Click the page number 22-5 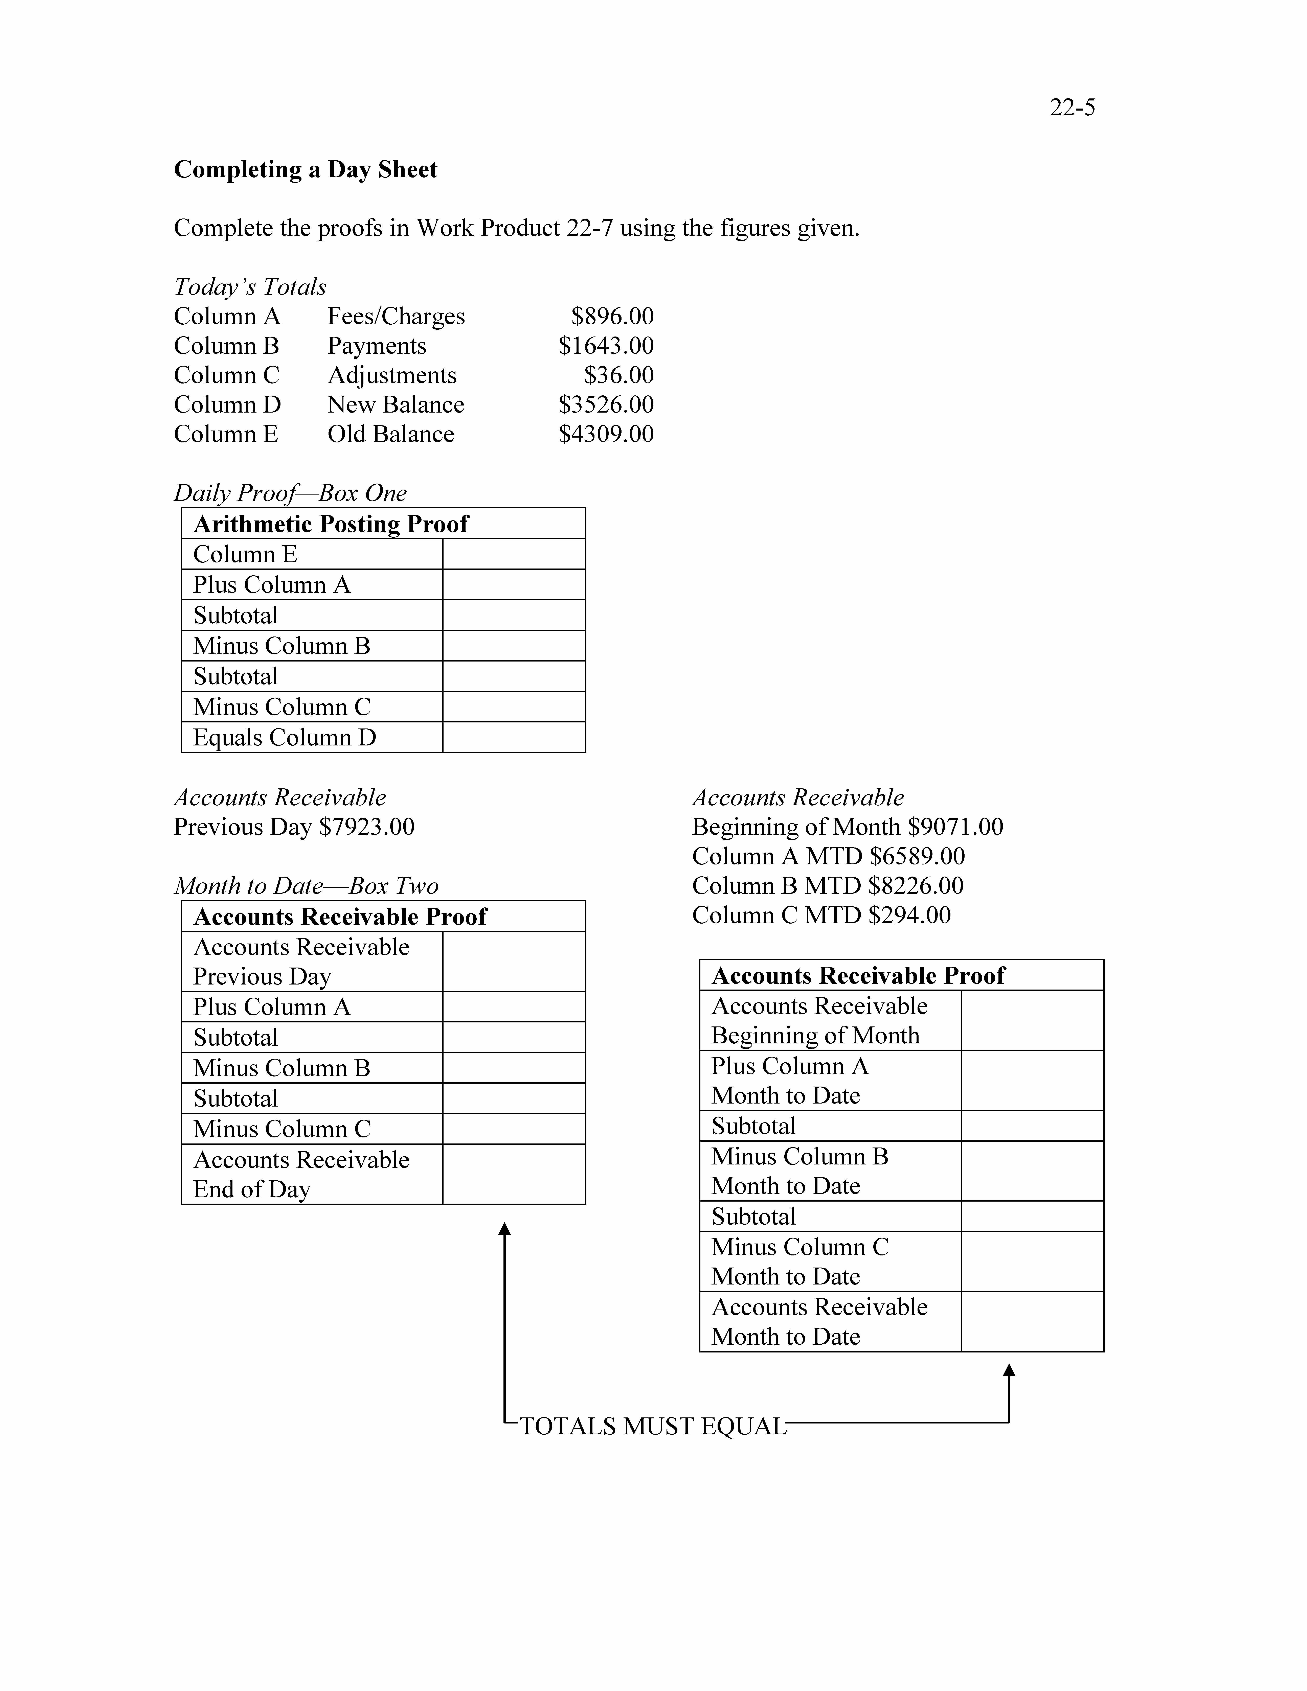(x=1072, y=108)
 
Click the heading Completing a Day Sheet (x=305, y=170)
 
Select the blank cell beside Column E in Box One (x=513, y=554)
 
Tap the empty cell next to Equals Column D (x=513, y=737)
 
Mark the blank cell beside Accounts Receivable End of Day (x=513, y=1174)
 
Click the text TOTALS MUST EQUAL (x=653, y=1426)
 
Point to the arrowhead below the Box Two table (x=504, y=1230)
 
